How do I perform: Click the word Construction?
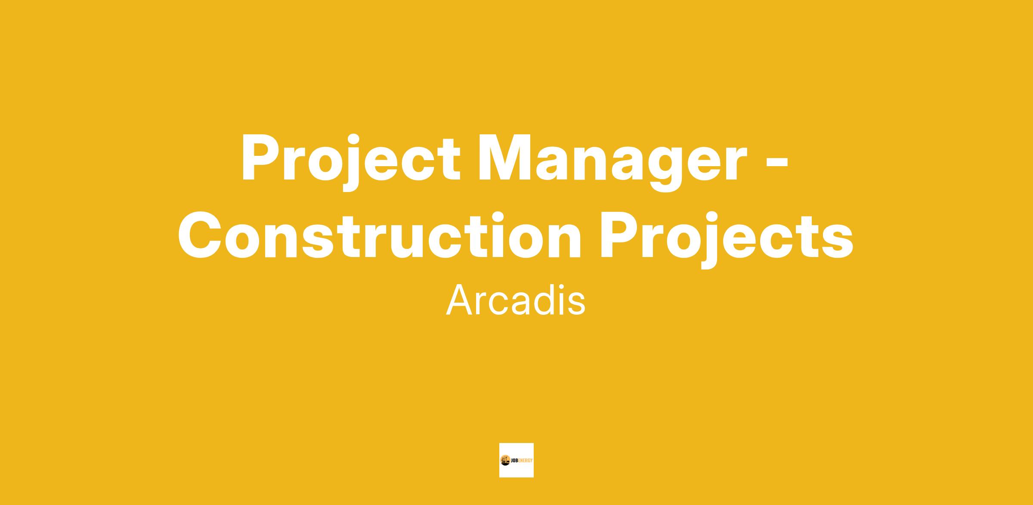coord(380,235)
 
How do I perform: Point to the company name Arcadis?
coord(516,300)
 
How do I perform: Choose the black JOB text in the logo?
coord(515,461)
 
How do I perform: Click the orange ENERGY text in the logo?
coord(526,461)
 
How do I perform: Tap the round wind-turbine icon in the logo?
coord(505,460)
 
